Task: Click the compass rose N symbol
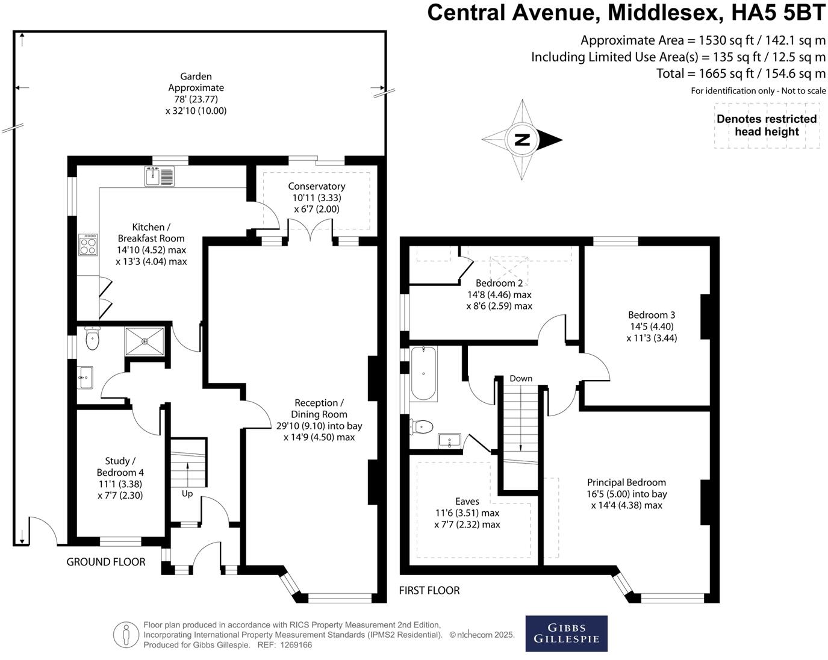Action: tap(522, 140)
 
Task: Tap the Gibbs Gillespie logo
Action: tap(566, 633)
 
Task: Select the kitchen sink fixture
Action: tap(159, 176)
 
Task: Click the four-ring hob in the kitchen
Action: tap(88, 245)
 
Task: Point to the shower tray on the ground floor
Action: tap(145, 341)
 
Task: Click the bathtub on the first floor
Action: tap(424, 373)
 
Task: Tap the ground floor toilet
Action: tap(92, 339)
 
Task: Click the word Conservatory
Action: tap(316, 187)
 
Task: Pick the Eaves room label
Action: tap(467, 502)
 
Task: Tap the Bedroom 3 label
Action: tap(652, 315)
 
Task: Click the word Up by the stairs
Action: tap(187, 494)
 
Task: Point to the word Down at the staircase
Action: tap(521, 379)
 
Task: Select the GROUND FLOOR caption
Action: tap(106, 562)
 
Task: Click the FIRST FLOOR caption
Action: tap(429, 591)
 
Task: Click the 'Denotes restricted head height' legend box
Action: tap(767, 126)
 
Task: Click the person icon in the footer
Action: tap(126, 634)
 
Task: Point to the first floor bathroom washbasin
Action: tap(449, 441)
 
